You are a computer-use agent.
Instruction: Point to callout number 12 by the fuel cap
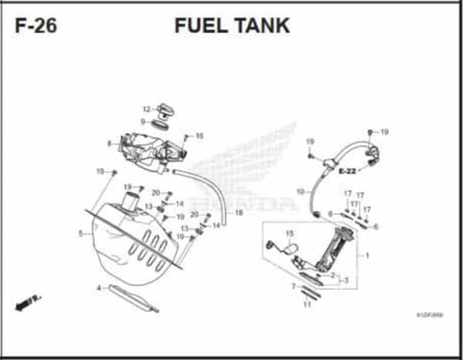[145, 109]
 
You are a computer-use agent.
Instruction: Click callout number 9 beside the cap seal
[143, 121]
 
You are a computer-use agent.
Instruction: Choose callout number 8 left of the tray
[110, 143]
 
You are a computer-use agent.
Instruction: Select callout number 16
[199, 136]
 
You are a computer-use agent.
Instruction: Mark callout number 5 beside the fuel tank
[80, 233]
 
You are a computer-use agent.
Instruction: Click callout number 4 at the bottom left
[98, 288]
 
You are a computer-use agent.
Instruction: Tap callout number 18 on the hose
[238, 212]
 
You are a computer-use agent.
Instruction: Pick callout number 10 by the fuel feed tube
[300, 190]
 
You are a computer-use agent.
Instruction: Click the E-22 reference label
[346, 170]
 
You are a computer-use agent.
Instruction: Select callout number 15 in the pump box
[290, 234]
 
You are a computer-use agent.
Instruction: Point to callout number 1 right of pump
[367, 255]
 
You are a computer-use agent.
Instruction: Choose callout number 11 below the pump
[306, 304]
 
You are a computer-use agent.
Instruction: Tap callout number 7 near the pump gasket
[294, 286]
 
